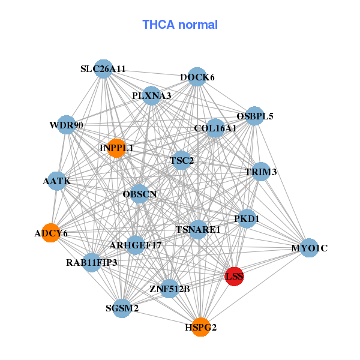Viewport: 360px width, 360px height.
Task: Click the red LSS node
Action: [x=234, y=276]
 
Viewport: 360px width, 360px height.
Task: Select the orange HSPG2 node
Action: [x=201, y=327]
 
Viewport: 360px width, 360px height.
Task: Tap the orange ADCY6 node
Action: [x=52, y=233]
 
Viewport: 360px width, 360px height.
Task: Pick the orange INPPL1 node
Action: [x=116, y=148]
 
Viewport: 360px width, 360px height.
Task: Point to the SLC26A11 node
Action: [x=104, y=69]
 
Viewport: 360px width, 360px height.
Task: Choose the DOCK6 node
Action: [x=197, y=77]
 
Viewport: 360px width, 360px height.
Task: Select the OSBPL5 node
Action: [x=255, y=116]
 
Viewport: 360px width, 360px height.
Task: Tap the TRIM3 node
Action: [x=261, y=172]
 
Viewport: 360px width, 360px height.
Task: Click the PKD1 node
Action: [x=247, y=219]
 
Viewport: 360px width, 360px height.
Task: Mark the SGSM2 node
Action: [x=122, y=308]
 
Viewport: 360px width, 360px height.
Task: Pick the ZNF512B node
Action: [x=170, y=289]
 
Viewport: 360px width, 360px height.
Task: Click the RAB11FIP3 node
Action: [x=92, y=262]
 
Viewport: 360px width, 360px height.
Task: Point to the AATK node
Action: [x=57, y=181]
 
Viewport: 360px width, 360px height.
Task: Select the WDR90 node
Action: [x=67, y=125]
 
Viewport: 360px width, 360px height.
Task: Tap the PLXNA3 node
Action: [x=151, y=96]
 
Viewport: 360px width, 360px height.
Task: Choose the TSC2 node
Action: [x=182, y=160]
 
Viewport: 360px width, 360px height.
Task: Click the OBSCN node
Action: [x=139, y=194]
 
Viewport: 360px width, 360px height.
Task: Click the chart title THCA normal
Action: [x=180, y=25]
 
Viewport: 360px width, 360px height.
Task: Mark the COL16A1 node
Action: [x=215, y=128]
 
